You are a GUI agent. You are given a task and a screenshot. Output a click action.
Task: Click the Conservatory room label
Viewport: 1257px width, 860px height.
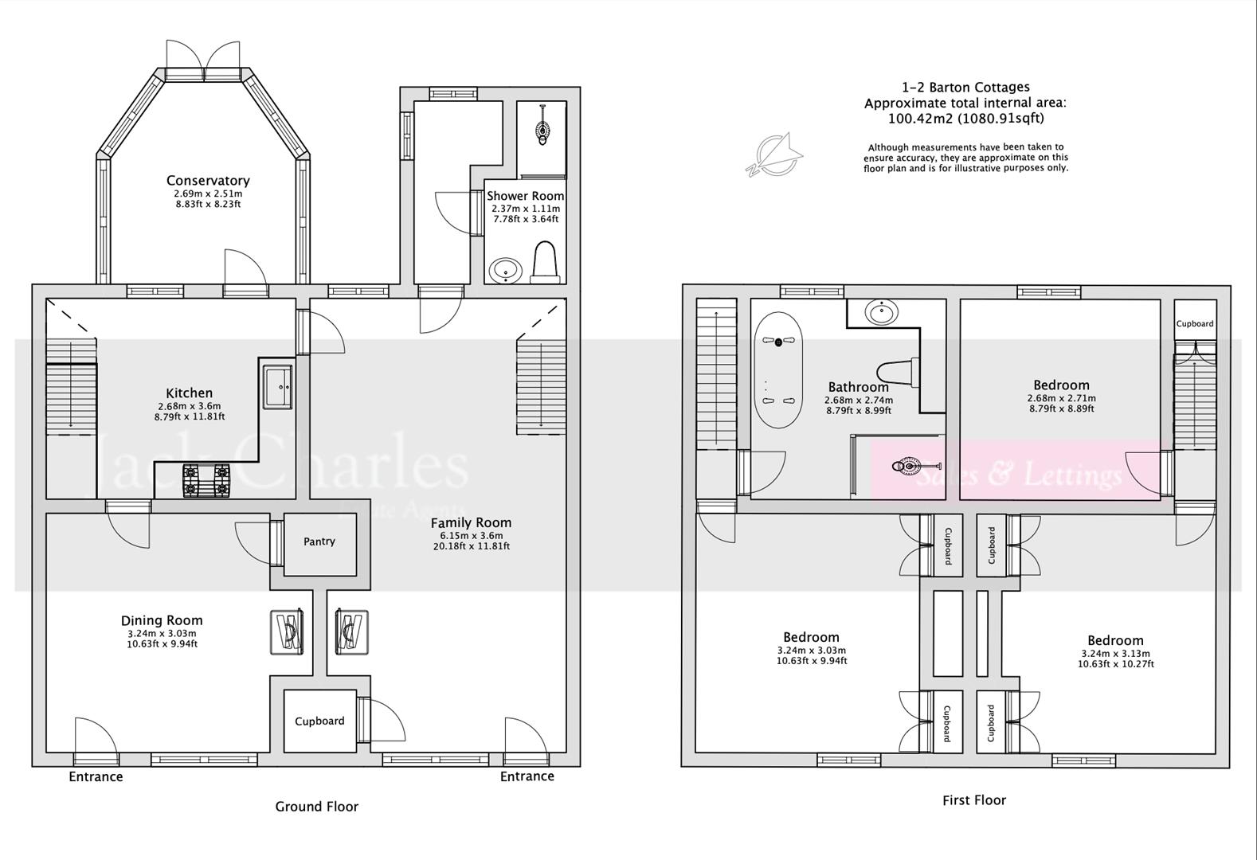click(x=208, y=181)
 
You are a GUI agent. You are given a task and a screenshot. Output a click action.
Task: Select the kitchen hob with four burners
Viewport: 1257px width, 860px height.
click(x=206, y=480)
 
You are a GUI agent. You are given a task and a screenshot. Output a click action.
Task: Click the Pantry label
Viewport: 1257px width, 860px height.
click(x=319, y=541)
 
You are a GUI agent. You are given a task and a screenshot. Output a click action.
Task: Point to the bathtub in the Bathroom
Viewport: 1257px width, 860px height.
click(x=778, y=371)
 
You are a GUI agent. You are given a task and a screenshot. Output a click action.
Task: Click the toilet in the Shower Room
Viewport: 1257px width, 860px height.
click(x=545, y=263)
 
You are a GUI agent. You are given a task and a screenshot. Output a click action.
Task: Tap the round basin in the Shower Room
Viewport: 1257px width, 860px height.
click(x=505, y=271)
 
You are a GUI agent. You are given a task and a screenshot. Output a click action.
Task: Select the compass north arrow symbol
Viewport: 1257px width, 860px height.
click(x=774, y=154)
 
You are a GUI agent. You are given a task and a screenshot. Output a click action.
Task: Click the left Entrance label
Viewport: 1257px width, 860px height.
click(x=96, y=777)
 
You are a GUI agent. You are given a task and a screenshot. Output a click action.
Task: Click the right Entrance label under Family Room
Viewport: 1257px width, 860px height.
click(x=527, y=776)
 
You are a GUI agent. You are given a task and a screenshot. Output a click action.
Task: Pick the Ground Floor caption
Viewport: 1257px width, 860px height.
click(x=316, y=807)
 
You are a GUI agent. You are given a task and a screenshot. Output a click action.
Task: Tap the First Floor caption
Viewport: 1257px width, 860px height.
click(x=973, y=800)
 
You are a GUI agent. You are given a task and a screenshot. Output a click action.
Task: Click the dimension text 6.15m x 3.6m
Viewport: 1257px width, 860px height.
click(x=471, y=536)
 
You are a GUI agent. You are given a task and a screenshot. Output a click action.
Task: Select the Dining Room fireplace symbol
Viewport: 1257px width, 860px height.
click(x=288, y=632)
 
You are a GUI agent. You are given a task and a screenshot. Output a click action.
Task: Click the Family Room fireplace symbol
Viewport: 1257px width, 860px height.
click(x=351, y=632)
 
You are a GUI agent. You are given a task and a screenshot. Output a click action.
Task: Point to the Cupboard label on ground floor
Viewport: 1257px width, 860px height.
click(x=319, y=721)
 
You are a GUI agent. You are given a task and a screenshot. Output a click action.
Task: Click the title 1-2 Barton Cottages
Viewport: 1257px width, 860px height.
click(x=965, y=88)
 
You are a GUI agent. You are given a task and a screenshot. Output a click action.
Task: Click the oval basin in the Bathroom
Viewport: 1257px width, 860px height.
click(x=881, y=312)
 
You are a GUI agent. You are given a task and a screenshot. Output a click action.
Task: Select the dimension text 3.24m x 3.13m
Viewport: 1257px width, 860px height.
click(x=1115, y=654)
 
